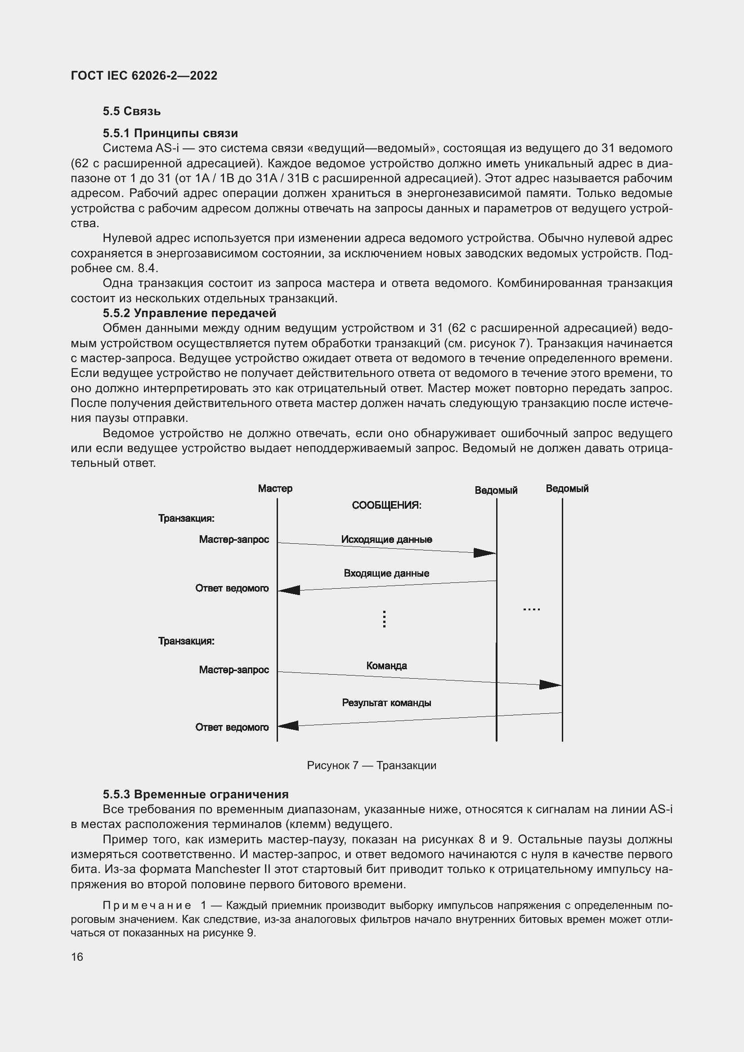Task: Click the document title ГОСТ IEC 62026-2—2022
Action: (x=144, y=76)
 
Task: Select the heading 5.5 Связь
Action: (x=131, y=112)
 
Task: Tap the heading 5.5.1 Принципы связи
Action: (x=170, y=133)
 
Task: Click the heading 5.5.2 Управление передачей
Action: (x=189, y=313)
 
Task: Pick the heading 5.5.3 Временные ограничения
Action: (x=196, y=794)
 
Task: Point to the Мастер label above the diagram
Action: (x=275, y=488)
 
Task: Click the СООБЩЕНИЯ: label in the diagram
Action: (x=386, y=505)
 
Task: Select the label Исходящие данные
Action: (x=386, y=539)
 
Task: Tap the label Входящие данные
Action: (x=386, y=573)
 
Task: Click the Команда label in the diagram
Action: (x=386, y=665)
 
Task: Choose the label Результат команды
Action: (x=386, y=703)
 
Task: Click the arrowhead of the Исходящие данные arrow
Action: (x=484, y=553)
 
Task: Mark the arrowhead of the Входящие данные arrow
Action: (x=289, y=590)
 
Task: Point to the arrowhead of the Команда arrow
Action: (x=550, y=685)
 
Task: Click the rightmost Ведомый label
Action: (x=567, y=488)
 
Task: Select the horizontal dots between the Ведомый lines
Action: (x=531, y=609)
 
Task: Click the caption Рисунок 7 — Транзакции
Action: (x=372, y=765)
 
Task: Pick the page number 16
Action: (x=77, y=957)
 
